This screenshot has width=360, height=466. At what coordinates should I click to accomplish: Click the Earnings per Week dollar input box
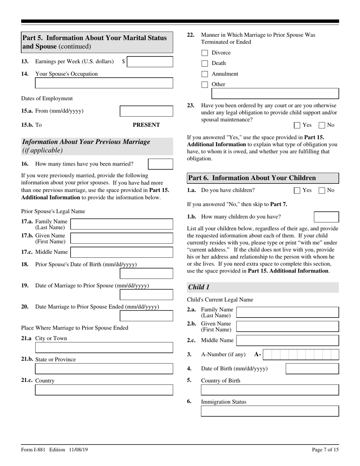[x=150, y=62]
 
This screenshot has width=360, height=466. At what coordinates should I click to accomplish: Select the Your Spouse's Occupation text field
[x=104, y=83]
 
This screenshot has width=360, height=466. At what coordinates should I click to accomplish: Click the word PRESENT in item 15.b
[x=146, y=125]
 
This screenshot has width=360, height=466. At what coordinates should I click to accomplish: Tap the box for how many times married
[x=160, y=164]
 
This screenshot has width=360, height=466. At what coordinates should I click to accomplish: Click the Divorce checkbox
[x=205, y=53]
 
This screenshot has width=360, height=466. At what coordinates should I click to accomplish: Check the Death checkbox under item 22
[x=205, y=64]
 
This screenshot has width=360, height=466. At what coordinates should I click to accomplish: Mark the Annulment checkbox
[x=205, y=74]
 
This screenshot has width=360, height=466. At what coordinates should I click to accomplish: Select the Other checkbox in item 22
[x=205, y=85]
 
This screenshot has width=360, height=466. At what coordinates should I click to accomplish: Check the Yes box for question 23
[x=297, y=125]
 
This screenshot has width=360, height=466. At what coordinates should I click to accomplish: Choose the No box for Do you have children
[x=322, y=191]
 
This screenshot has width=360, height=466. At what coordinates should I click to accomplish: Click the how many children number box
[x=327, y=217]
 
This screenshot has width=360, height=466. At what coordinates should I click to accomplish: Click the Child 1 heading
[x=199, y=287]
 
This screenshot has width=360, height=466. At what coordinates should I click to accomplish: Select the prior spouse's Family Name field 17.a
[x=122, y=224]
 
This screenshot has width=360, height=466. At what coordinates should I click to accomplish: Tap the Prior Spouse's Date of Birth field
[x=146, y=274]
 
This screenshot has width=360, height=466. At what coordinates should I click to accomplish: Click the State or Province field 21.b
[x=104, y=369]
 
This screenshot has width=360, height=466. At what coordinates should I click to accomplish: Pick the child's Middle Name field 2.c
[x=287, y=341]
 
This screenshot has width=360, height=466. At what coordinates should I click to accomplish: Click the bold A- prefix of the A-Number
[x=258, y=355]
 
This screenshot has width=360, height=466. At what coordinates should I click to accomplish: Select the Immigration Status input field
[x=269, y=411]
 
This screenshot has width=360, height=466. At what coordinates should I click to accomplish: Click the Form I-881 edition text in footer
[x=55, y=450]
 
